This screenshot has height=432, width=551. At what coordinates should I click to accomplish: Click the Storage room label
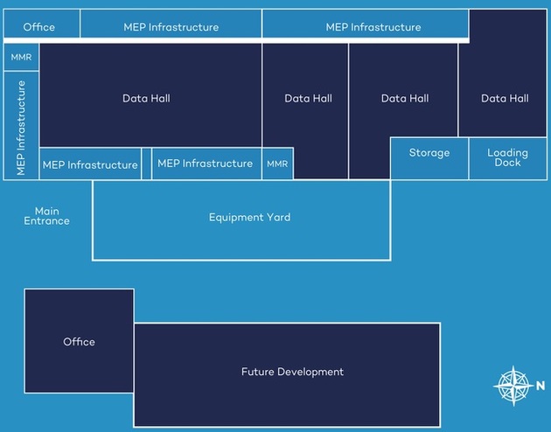click(429, 153)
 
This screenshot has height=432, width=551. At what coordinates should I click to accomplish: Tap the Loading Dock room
click(507, 158)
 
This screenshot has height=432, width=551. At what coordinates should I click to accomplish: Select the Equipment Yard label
click(249, 217)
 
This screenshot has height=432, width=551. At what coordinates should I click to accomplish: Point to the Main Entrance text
click(46, 216)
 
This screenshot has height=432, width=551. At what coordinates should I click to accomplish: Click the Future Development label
click(292, 372)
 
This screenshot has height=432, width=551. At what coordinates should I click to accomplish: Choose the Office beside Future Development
click(79, 342)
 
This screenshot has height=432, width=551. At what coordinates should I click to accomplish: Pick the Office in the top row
click(39, 27)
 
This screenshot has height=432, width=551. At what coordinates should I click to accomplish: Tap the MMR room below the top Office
click(21, 57)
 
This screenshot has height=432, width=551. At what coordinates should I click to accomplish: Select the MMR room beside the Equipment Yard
click(277, 164)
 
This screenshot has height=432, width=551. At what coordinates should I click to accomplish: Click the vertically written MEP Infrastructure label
click(21, 128)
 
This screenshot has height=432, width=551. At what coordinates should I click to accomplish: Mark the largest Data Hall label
click(146, 99)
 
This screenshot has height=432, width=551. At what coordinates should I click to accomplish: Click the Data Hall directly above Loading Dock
click(505, 99)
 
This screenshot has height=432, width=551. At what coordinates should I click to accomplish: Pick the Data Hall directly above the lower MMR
click(309, 99)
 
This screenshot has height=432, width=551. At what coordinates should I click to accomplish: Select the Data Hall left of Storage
click(405, 99)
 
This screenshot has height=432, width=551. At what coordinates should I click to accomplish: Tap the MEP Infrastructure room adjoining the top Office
click(171, 27)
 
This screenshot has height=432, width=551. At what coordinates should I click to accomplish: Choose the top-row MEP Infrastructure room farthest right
click(373, 27)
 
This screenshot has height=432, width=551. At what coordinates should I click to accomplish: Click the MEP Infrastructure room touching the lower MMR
click(206, 164)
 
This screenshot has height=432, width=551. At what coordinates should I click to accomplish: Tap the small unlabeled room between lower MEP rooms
click(146, 164)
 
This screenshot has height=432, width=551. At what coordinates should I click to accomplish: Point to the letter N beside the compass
click(540, 385)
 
